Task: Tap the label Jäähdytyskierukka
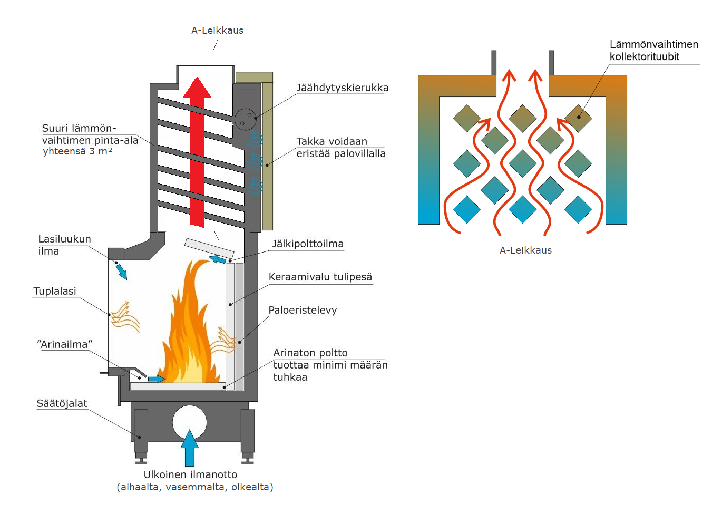click(x=342, y=88)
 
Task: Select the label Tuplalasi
click(x=55, y=292)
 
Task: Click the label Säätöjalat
click(x=62, y=404)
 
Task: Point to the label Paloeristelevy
click(x=303, y=311)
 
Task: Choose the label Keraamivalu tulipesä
click(x=320, y=277)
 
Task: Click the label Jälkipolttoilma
click(x=308, y=244)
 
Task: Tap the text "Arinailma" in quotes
click(x=65, y=345)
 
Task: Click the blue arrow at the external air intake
click(x=190, y=448)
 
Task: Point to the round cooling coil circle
click(x=245, y=119)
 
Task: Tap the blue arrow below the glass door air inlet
click(x=121, y=271)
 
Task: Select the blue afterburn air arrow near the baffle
click(x=218, y=259)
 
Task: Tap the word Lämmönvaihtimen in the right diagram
click(x=654, y=45)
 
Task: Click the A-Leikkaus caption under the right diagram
click(x=525, y=250)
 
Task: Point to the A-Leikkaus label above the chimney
click(x=217, y=31)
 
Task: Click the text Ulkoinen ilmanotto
click(x=190, y=475)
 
